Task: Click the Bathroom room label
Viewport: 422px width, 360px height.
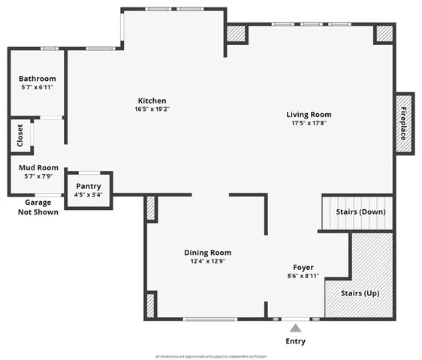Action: point(37,78)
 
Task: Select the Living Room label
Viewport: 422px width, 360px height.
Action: point(309,115)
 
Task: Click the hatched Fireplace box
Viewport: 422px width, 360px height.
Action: point(404,123)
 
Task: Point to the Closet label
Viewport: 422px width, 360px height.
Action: point(20,137)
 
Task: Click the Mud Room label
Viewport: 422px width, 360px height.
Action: point(38,167)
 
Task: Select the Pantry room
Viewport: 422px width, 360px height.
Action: point(89,190)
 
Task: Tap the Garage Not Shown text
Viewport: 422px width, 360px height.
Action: point(38,207)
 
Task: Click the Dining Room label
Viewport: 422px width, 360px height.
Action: point(207,253)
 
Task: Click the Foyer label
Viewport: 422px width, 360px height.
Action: point(303,267)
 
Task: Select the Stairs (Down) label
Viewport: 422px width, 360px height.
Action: point(360,211)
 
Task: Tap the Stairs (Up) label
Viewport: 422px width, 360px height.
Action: point(360,292)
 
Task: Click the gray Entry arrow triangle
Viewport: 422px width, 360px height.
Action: point(295,327)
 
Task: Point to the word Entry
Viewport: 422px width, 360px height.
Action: point(295,341)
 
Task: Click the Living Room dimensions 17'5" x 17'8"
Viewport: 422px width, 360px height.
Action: point(309,124)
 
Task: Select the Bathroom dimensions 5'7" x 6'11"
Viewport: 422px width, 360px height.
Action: point(37,87)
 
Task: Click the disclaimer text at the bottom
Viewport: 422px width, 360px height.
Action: point(211,355)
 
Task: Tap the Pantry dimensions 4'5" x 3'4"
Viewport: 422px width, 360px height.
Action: point(89,194)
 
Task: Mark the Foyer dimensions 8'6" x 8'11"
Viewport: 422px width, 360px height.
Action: point(303,276)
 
